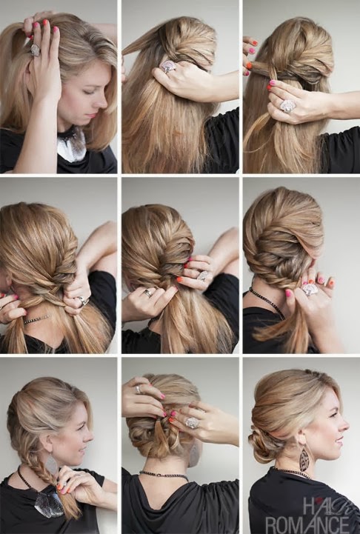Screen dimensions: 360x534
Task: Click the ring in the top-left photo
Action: tap(35, 50)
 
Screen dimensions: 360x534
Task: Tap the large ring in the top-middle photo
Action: tap(168, 66)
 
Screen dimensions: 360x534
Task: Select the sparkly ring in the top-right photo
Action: tap(288, 106)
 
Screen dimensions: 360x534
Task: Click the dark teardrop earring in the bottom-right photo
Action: tap(304, 459)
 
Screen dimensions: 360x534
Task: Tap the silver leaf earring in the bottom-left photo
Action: tap(52, 466)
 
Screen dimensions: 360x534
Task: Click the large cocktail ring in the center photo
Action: tap(204, 276)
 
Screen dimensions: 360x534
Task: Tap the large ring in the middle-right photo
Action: tap(309, 290)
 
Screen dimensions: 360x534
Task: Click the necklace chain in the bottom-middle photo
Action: tap(164, 475)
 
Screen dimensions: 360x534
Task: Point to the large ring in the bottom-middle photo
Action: tap(193, 422)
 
